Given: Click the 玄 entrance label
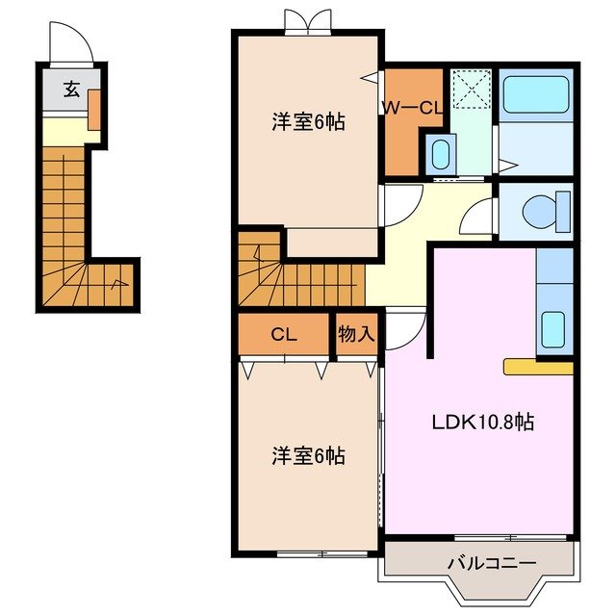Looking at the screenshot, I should tap(71, 90).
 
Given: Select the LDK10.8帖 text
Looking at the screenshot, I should tap(483, 421).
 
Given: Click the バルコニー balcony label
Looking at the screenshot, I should tap(478, 563).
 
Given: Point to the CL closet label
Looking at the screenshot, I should tap(282, 335).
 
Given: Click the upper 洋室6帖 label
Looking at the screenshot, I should tap(307, 122).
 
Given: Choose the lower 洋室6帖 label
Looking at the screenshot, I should tap(307, 455).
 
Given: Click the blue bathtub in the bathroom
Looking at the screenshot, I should tap(537, 94).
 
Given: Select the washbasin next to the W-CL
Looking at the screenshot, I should tap(438, 154).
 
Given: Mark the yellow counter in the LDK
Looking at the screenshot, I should tap(538, 367).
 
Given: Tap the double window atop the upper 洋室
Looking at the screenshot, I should tap(308, 20).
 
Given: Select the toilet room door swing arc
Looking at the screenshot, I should tap(477, 218).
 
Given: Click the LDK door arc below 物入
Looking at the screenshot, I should tap(402, 327).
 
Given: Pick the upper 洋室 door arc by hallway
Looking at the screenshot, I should tap(400, 203).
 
